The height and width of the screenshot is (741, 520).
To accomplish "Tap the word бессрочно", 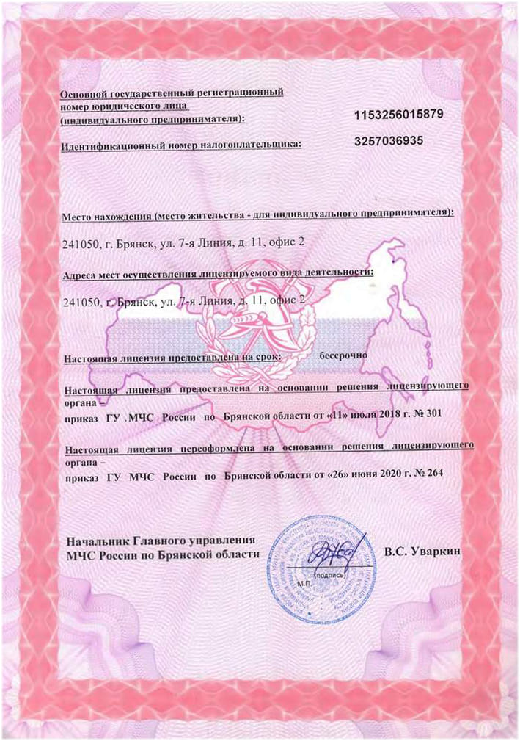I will coord(344,355).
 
